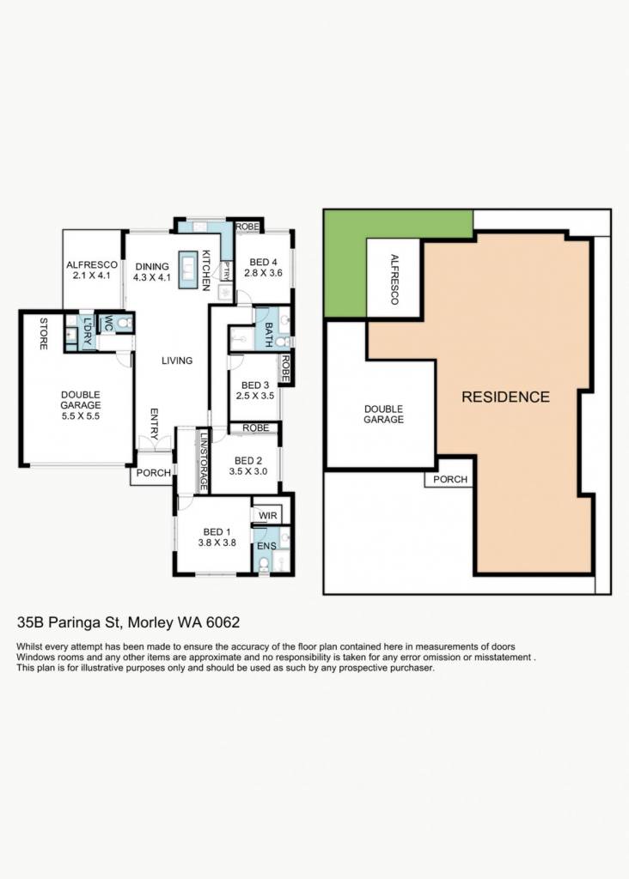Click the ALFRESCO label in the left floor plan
[92, 264]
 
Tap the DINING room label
[152, 267]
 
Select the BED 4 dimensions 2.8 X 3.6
[263, 273]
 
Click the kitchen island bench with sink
[187, 270]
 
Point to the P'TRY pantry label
[226, 270]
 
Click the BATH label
[268, 335]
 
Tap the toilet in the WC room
[125, 323]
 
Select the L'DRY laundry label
[88, 330]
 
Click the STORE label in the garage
[44, 334]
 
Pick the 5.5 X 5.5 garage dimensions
[81, 416]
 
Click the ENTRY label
[155, 424]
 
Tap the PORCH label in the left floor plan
[154, 473]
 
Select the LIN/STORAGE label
[204, 461]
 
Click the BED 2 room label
[248, 461]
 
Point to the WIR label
[268, 516]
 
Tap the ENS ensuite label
[266, 546]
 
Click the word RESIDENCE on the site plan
[505, 397]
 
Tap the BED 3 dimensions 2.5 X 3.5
[254, 395]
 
